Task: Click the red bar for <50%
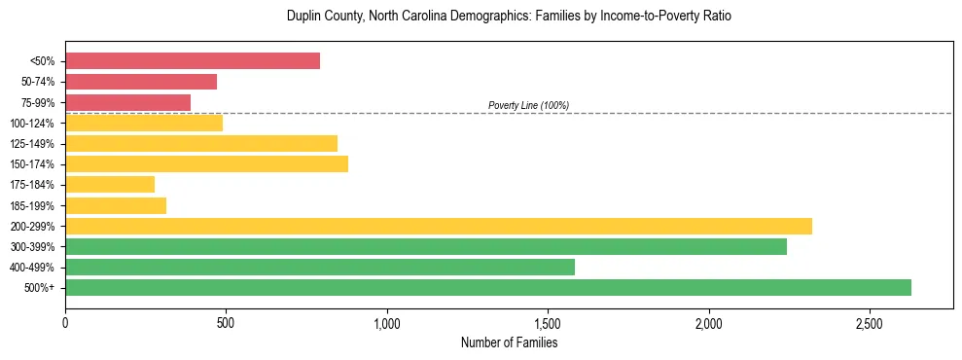193,61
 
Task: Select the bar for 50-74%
141,82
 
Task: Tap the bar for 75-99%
127,102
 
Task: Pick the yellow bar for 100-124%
144,123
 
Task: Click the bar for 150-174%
206,163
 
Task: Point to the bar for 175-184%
110,184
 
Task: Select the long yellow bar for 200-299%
439,226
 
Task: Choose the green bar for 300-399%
426,246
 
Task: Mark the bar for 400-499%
320,267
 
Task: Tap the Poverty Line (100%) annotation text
528,105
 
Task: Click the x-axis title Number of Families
509,342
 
